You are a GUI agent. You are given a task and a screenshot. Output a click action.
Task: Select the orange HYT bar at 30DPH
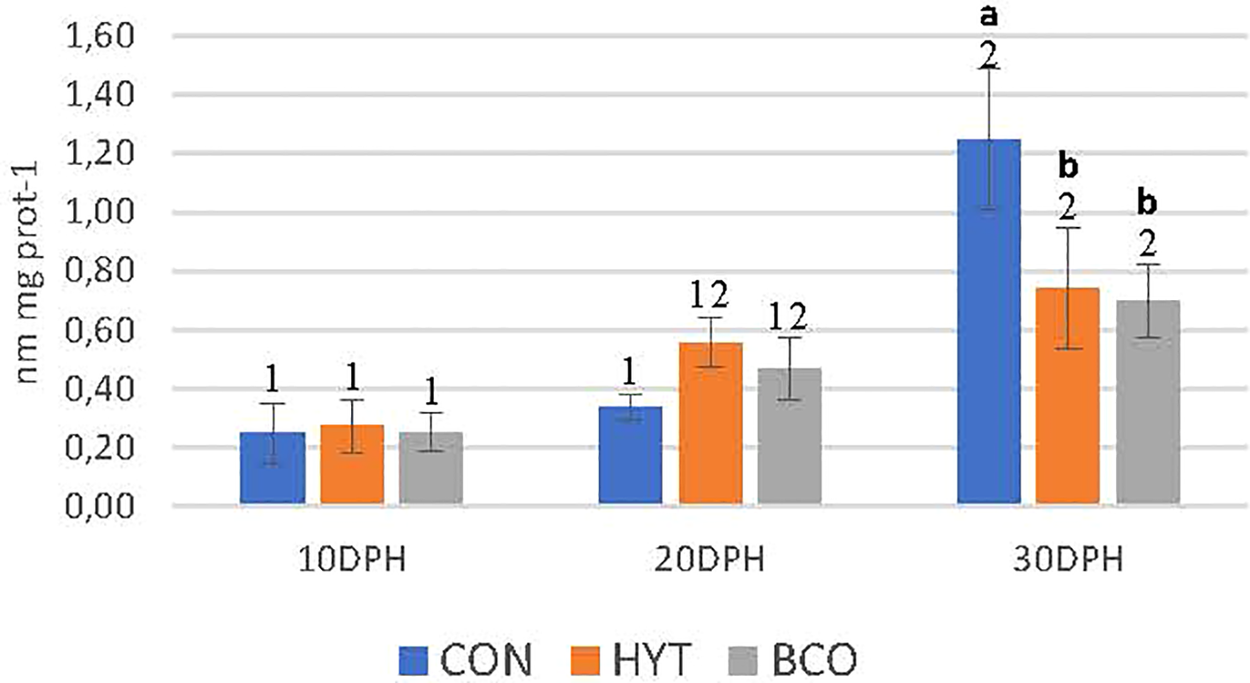point(1067,397)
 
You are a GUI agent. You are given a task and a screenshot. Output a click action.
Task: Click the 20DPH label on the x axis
point(710,562)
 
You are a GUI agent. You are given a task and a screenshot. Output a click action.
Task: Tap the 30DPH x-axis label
point(1067,562)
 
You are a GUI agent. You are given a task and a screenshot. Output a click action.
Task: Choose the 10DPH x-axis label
point(351,562)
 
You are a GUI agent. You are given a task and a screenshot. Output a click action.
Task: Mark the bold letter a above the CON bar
point(988,18)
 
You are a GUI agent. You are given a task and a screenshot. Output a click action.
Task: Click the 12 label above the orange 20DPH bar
point(710,294)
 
